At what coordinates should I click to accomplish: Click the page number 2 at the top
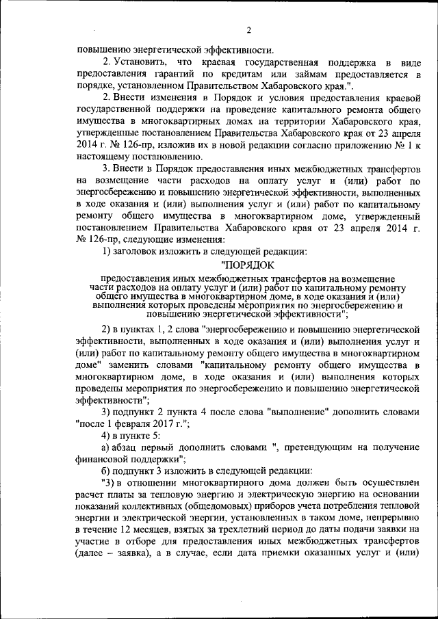tap(248, 30)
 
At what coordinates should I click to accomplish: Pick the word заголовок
tap(138, 251)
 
